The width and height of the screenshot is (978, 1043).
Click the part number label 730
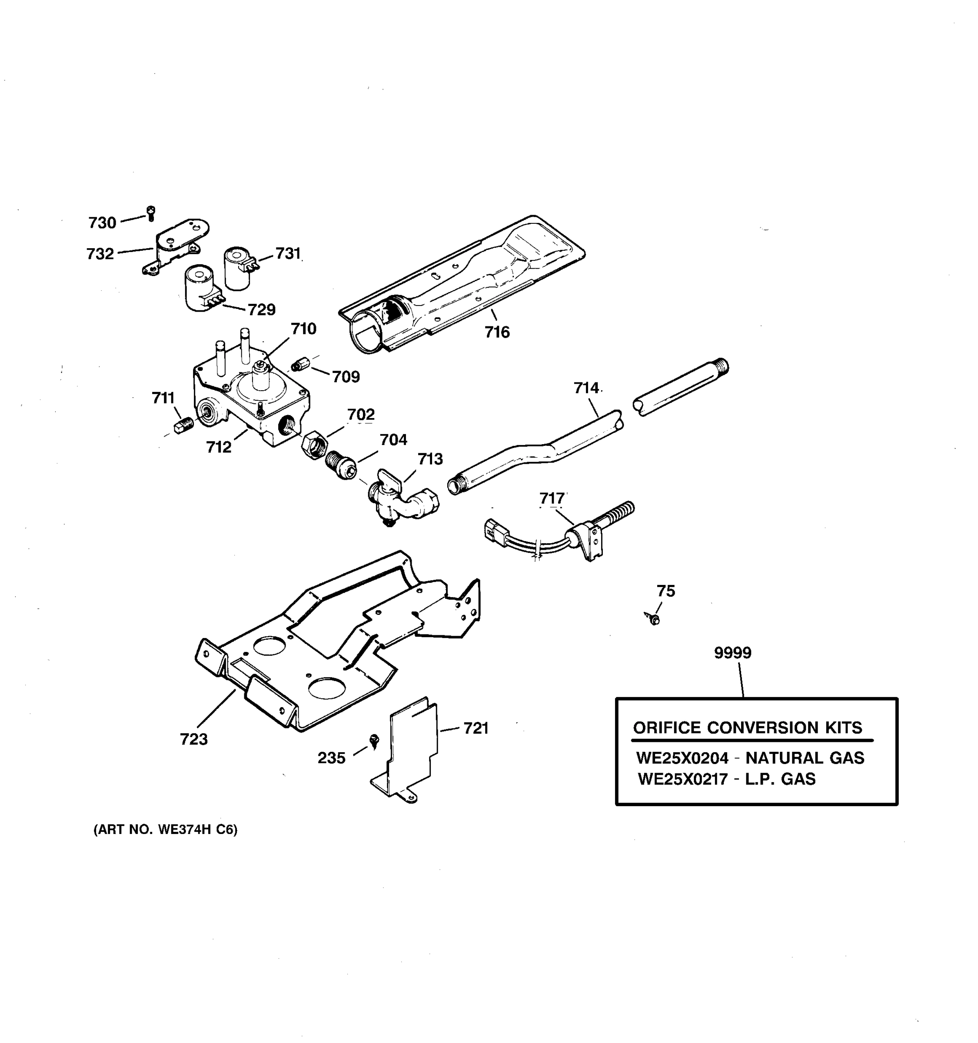click(102, 223)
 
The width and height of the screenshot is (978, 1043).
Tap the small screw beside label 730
click(151, 213)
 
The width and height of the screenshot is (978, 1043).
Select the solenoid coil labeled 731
click(238, 268)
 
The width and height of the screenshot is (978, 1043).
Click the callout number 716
click(497, 332)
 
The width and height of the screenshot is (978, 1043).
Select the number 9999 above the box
click(732, 653)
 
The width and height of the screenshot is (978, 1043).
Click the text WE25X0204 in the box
click(682, 758)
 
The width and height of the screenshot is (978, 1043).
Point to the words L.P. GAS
click(780, 779)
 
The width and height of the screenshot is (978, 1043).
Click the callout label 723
click(193, 739)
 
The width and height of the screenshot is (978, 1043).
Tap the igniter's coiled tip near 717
click(620, 512)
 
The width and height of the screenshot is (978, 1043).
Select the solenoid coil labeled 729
click(200, 289)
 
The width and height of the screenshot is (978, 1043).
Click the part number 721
click(476, 728)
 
